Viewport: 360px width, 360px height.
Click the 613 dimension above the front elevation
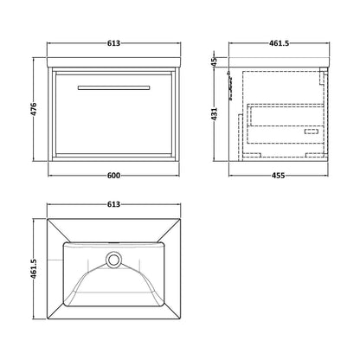click(113, 43)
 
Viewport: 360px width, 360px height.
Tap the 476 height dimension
click(34, 109)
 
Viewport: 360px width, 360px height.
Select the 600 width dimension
click(113, 176)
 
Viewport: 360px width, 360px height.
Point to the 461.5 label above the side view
click(279, 43)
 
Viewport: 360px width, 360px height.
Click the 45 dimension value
click(214, 61)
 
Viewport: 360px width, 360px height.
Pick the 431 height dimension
click(214, 114)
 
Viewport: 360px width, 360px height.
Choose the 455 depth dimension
click(279, 176)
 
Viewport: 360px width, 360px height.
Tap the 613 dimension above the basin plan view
click(113, 204)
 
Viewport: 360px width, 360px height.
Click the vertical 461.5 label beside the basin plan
click(34, 269)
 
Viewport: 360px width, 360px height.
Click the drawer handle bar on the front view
click(113, 87)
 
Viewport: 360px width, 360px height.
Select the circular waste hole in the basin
click(113, 259)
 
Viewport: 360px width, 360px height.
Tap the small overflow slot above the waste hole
click(113, 243)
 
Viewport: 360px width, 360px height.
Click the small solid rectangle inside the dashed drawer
click(312, 132)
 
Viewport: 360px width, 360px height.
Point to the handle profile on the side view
click(230, 85)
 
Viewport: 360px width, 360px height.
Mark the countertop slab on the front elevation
click(113, 62)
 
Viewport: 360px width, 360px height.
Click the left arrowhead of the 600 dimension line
click(49, 176)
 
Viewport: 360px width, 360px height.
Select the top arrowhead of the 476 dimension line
click(34, 60)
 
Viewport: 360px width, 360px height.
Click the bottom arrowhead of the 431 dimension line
click(214, 159)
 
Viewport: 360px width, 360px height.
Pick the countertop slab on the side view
click(279, 62)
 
